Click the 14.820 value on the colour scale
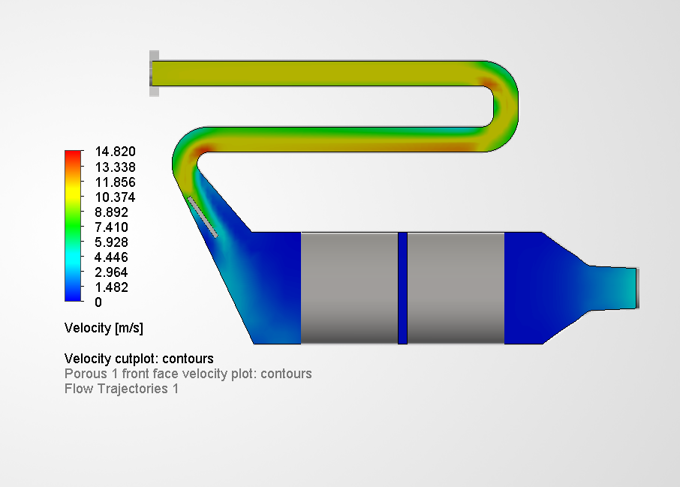[x=114, y=152]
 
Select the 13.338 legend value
[x=114, y=167]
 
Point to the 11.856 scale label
[x=114, y=182]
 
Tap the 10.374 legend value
[x=114, y=197]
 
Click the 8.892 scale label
[x=111, y=212]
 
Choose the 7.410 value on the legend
[x=111, y=227]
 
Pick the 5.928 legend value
[x=111, y=242]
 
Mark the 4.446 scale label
[x=111, y=257]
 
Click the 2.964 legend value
[x=111, y=272]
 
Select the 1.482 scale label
[x=111, y=287]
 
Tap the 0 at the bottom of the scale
[x=98, y=302]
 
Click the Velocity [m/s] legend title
[x=104, y=328]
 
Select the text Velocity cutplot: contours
[x=139, y=359]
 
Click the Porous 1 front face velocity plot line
[x=188, y=374]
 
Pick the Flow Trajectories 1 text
[x=122, y=389]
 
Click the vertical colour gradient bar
[x=74, y=226]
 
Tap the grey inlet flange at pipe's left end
[x=153, y=74]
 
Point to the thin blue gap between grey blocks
[x=402, y=288]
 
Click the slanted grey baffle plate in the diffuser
[x=203, y=217]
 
